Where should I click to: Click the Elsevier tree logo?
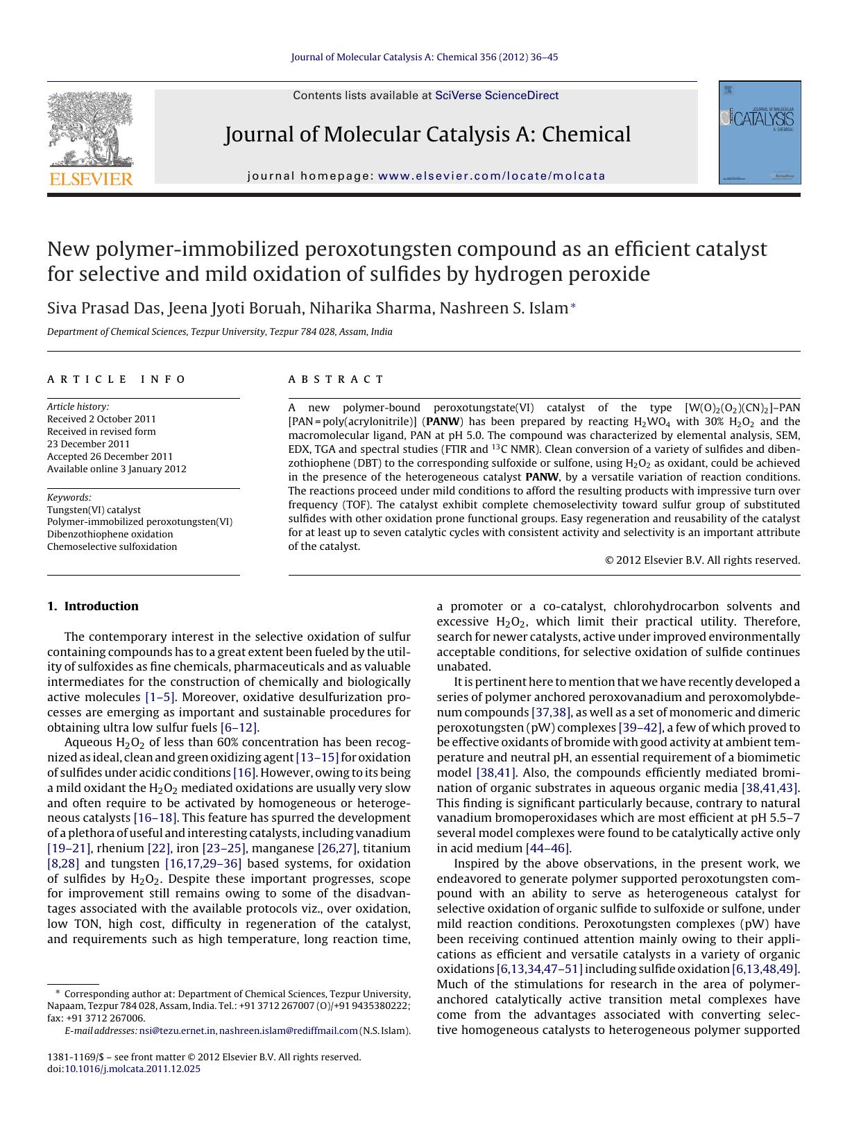coord(90,129)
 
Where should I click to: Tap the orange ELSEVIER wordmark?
coord(91,179)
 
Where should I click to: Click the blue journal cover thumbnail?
coord(760,132)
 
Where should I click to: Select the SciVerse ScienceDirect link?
coord(496,96)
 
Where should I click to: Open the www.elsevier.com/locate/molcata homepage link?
coord(492,176)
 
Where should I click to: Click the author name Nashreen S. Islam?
coord(503,308)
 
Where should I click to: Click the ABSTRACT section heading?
coord(336,379)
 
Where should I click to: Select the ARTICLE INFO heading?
coord(117,379)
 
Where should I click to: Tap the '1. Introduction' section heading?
coord(93,606)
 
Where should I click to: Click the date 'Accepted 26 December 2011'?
coord(110,456)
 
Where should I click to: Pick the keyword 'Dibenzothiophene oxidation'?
coord(110,534)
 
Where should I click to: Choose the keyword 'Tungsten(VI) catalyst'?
coord(94,510)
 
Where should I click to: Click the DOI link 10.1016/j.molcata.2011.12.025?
coord(132,1069)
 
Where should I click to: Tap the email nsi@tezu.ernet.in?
coord(178,1030)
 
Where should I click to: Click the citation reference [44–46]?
coord(548,848)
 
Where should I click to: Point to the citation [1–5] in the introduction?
coord(160,697)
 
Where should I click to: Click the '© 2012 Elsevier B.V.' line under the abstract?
coord(702,560)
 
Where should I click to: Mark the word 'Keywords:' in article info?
coord(69,497)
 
